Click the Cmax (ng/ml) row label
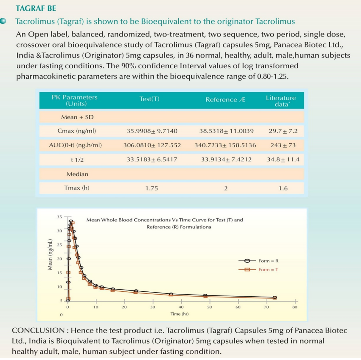[77, 131]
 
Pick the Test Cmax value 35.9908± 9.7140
[152, 131]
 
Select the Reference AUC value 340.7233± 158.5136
[225, 145]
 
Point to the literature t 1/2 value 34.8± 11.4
[283, 160]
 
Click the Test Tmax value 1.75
[151, 188]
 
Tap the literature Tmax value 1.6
[283, 188]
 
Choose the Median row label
[77, 174]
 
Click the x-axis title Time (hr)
[180, 314]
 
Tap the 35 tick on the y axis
[59, 217]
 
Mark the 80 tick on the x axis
[295, 306]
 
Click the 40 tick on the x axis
[181, 306]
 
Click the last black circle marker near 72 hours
[275, 297]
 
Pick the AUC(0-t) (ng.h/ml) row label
[75, 145]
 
